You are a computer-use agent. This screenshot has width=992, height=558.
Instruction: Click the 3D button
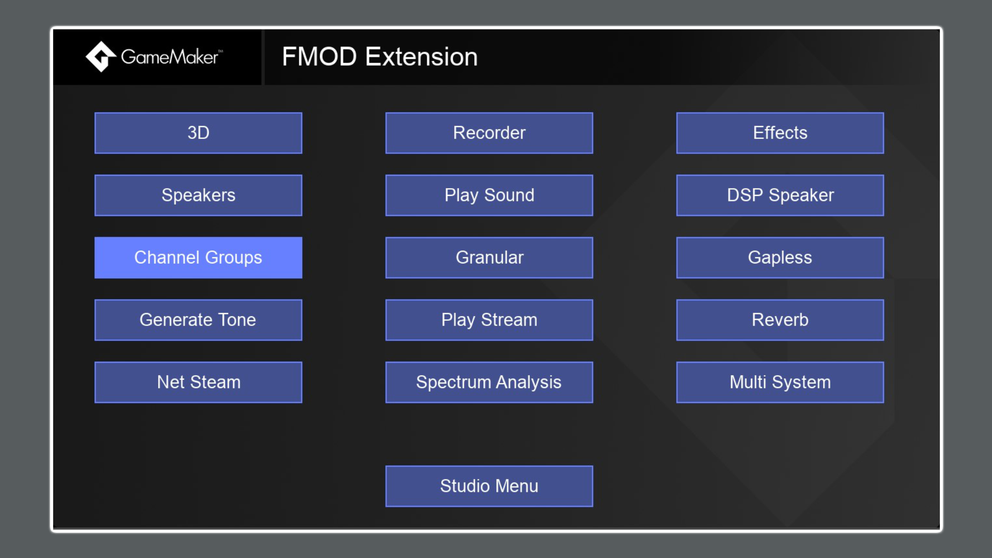coord(198,133)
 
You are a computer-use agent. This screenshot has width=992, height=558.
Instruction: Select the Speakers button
coord(198,195)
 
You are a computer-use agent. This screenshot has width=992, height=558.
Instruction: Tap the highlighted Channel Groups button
coord(198,258)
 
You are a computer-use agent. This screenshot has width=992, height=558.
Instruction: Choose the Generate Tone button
coord(198,320)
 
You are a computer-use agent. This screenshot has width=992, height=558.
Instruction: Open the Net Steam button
coord(198,382)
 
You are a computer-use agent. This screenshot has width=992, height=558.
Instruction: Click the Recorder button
coord(489,133)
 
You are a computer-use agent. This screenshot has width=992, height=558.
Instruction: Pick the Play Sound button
coord(489,195)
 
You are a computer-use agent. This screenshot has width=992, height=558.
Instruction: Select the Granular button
coord(489,258)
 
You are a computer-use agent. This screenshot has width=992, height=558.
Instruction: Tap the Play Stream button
coord(489,320)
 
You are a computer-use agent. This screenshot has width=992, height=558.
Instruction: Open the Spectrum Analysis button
coord(489,382)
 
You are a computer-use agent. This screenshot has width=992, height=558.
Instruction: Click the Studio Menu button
coord(489,486)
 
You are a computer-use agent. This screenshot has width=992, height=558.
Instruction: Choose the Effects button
coord(780,133)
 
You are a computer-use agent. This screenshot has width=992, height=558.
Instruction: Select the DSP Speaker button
coord(780,195)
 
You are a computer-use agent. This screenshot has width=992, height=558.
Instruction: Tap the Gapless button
coord(780,258)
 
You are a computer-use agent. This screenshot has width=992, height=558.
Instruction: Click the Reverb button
coord(780,320)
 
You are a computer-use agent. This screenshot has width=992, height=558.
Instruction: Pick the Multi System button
coord(780,382)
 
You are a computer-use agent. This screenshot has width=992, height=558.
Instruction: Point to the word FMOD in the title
coord(319,57)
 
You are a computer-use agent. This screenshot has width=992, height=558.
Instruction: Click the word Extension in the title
coord(421,57)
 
